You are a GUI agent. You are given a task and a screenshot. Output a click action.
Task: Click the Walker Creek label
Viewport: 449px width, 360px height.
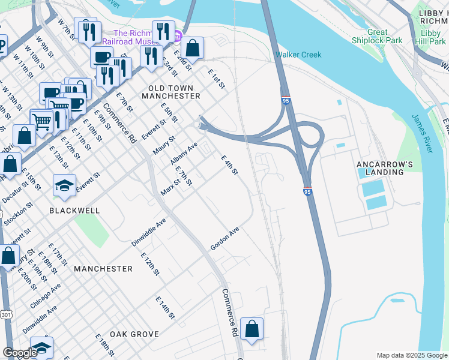(298, 55)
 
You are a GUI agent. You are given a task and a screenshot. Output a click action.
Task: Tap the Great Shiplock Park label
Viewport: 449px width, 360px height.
(385, 36)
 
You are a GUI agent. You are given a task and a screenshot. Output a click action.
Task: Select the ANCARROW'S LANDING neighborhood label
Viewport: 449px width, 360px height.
(380, 167)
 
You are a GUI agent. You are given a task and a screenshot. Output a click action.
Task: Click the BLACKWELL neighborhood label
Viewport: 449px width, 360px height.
(74, 211)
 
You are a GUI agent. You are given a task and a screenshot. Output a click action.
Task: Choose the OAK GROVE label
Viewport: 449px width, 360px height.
(134, 334)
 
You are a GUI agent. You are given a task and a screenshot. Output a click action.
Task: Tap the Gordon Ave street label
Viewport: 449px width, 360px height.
(224, 239)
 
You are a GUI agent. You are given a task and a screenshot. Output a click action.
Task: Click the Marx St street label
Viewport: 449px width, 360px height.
(170, 187)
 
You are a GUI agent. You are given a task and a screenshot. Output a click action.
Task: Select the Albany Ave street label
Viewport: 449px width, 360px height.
(184, 154)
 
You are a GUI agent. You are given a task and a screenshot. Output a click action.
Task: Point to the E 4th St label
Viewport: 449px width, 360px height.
(230, 166)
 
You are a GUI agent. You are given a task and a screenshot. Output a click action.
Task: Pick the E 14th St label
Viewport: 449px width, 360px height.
(164, 308)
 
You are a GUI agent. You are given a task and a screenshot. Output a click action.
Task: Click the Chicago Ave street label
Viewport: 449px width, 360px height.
(46, 296)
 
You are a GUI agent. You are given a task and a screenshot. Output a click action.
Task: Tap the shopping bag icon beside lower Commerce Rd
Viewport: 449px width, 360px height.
(252, 329)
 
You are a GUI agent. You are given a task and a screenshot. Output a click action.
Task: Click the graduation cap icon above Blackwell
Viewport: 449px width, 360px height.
(64, 185)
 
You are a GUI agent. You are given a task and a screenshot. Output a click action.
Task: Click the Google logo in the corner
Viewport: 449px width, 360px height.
(20, 353)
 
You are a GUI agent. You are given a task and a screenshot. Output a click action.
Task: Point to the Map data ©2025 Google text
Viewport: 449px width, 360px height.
(411, 355)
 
